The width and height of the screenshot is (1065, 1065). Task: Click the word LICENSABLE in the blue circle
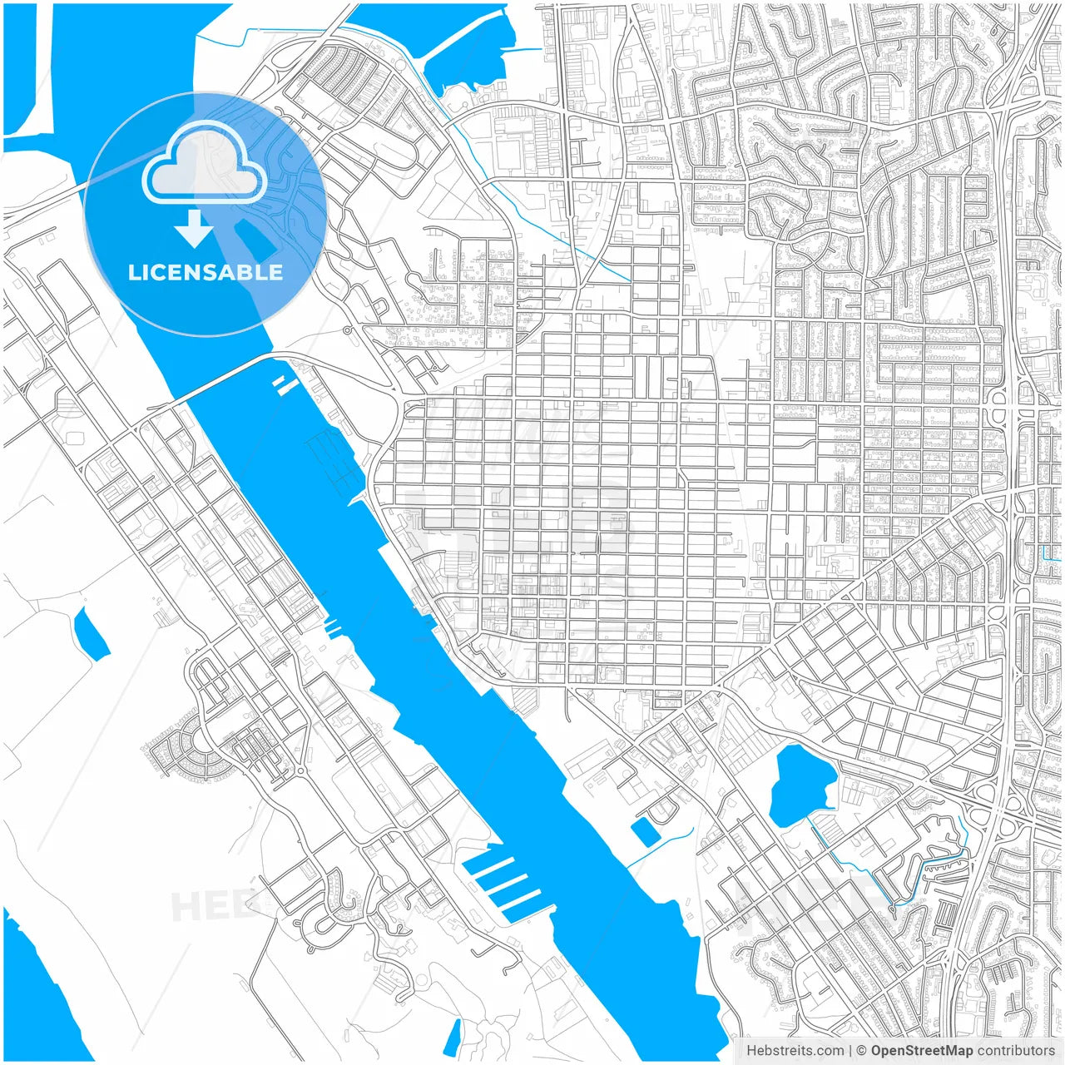[x=206, y=273]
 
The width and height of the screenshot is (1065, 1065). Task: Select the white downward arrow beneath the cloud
[x=195, y=230]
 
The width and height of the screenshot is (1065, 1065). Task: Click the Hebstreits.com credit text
[x=795, y=1051]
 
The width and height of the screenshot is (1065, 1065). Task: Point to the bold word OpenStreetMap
[x=921, y=1051]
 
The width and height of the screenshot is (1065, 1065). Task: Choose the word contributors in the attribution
[x=1016, y=1051]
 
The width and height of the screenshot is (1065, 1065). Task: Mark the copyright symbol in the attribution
[x=862, y=1051]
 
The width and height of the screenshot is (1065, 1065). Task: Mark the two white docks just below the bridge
[x=285, y=384]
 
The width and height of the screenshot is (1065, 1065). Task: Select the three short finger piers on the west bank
[x=333, y=627]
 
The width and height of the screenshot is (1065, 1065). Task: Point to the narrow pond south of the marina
[x=453, y=1037]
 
